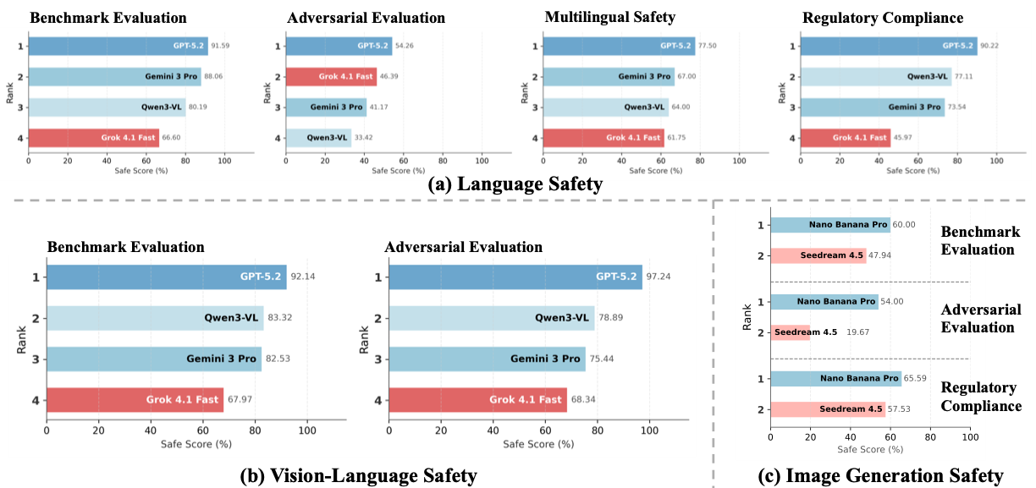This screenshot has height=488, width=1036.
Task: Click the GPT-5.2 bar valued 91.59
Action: pos(118,47)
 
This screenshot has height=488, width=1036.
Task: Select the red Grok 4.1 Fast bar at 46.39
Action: pos(331,77)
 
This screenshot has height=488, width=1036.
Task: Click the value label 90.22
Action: pos(989,47)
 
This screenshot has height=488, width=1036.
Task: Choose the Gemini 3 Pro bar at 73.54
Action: pos(872,107)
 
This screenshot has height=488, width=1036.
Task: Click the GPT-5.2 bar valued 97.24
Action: pos(515,277)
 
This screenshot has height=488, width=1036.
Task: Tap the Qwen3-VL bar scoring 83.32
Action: pos(155,318)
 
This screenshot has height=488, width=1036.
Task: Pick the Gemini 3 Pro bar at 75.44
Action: pos(487,359)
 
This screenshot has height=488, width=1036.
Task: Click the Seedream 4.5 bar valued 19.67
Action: pos(790,332)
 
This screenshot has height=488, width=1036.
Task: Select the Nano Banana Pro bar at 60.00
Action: pos(829,225)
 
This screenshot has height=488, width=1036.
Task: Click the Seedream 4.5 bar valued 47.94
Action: pos(818,255)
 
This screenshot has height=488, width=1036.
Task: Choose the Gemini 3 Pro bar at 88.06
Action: pos(114,77)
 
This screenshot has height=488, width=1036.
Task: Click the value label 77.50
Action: pos(709,47)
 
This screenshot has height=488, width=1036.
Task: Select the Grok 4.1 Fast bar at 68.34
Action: pos(477,400)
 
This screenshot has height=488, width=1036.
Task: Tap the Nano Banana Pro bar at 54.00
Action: pos(824,302)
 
